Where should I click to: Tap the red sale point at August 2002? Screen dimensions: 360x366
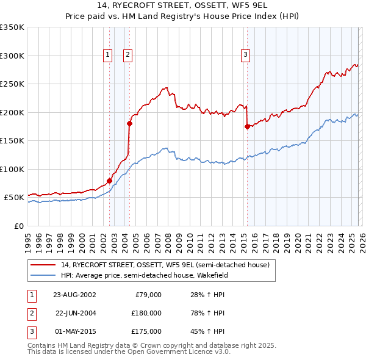point(110,181)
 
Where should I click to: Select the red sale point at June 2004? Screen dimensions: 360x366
point(129,123)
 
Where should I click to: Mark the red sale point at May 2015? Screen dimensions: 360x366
point(247,127)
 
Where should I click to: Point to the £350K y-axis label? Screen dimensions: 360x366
point(12,27)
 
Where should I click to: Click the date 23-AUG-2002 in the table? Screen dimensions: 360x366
point(74,295)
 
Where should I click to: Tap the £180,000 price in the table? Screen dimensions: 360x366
point(147,313)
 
